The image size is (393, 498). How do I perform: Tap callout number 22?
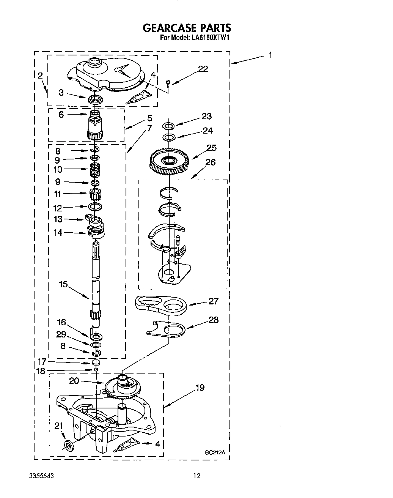(203, 69)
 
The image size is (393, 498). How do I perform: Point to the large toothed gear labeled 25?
(170, 161)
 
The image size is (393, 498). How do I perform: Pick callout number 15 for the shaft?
(63, 284)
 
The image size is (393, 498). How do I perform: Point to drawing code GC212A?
(215, 452)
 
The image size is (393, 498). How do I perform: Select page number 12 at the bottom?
(196, 476)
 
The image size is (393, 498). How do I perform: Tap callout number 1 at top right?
(270, 55)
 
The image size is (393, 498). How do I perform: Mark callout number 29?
(61, 334)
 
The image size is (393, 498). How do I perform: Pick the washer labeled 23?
(168, 125)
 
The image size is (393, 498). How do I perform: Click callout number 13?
(58, 219)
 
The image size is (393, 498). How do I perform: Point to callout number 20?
(74, 380)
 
